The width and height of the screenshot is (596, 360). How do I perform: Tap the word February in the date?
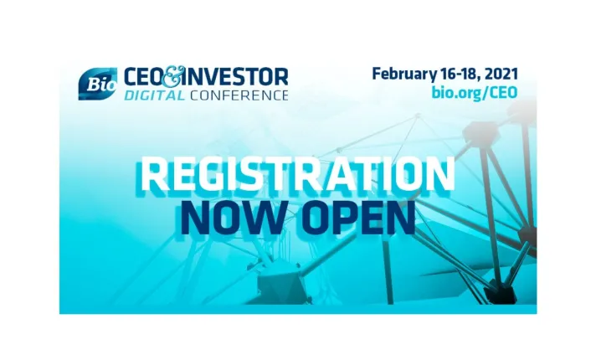pos(407,74)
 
